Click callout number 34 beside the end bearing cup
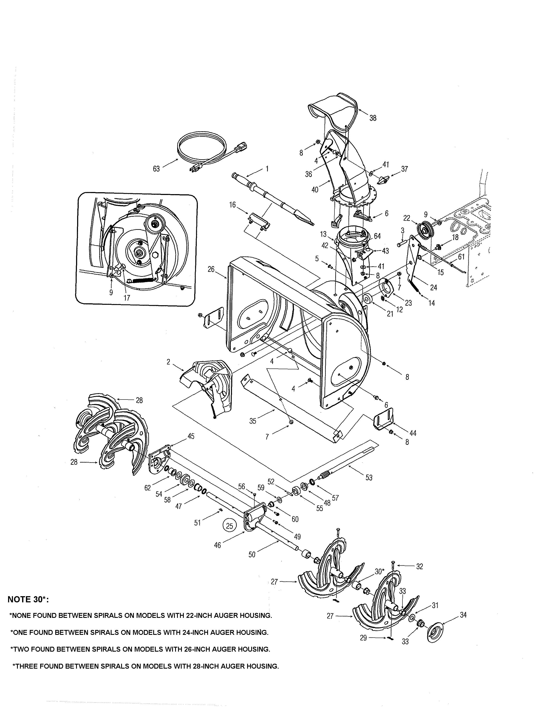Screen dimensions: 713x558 pos(463,615)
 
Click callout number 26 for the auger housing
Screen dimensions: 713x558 pos(211,269)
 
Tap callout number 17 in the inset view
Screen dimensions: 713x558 pos(127,298)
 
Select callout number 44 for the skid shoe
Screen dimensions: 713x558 pos(413,433)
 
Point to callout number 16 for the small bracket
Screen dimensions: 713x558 pos(232,205)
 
